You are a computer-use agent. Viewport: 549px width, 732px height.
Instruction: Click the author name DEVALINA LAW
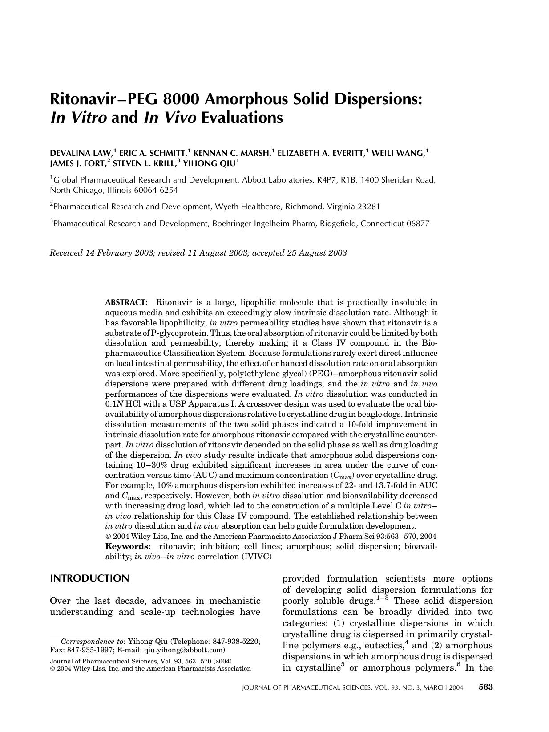pos(81,154)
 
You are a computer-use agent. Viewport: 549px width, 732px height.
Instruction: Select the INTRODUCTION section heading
pos(89,578)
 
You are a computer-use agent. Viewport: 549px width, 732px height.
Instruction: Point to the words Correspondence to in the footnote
pos(92,642)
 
